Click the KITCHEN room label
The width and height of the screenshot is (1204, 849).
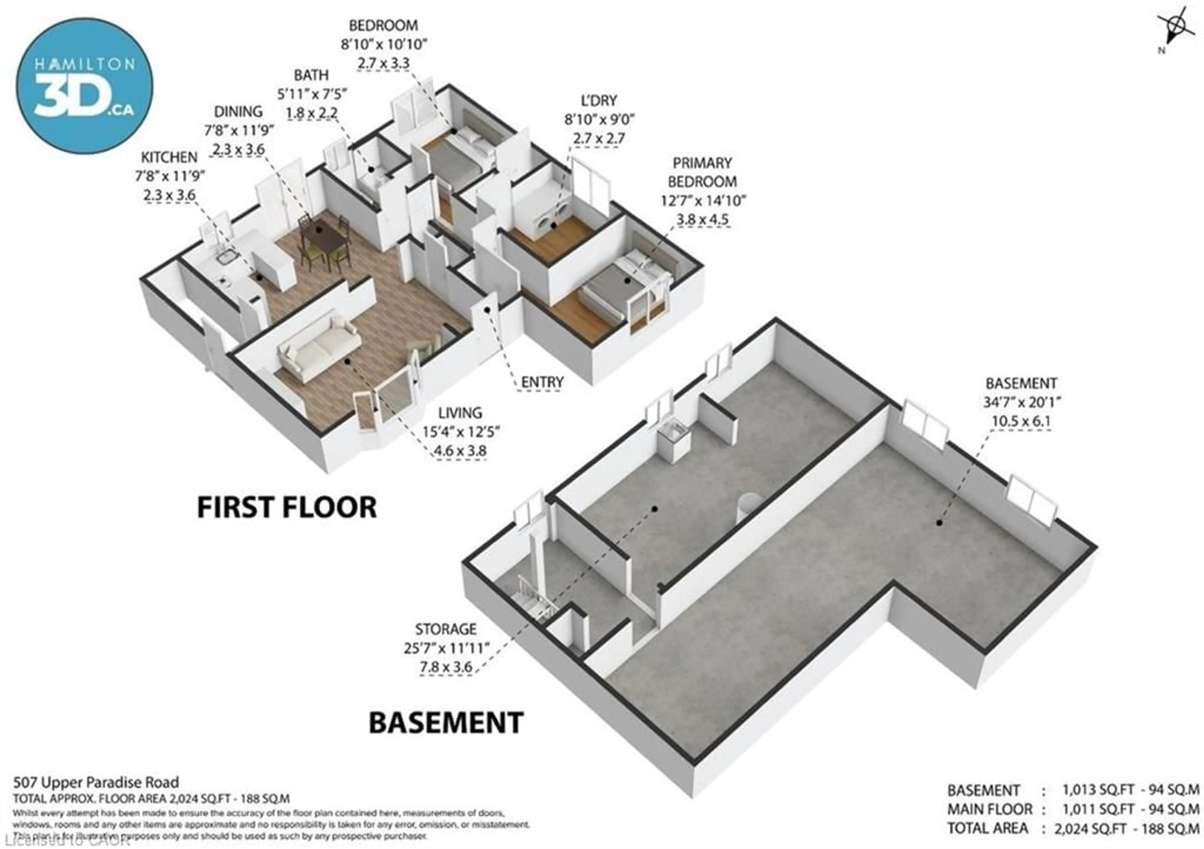click(169, 157)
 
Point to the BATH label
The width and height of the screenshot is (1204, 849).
click(311, 76)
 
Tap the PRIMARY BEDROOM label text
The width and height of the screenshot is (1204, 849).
click(702, 172)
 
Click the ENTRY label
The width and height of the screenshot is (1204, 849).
click(542, 382)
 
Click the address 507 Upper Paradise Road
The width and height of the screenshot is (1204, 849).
click(96, 783)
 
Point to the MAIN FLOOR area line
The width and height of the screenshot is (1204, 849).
click(1072, 809)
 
